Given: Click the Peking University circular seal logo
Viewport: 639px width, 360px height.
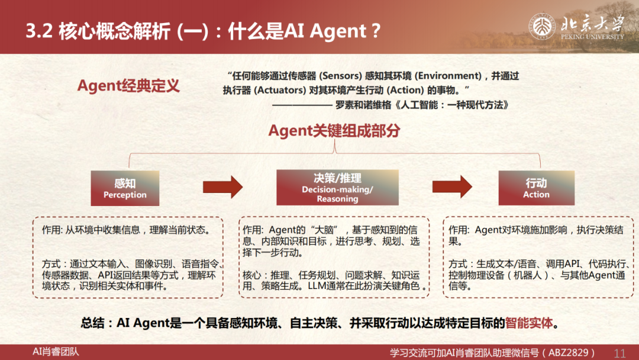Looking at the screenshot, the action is click(542, 27).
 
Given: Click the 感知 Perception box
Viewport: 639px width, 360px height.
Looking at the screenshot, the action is click(125, 188).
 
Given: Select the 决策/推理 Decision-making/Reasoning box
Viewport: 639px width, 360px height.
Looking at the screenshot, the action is click(337, 188).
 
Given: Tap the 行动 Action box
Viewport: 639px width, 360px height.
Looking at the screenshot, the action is click(536, 188).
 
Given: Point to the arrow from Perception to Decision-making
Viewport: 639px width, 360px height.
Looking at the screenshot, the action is click(223, 187).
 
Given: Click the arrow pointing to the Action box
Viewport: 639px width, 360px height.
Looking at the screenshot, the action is click(452, 187).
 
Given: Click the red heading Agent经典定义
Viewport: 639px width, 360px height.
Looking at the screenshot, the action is click(128, 86).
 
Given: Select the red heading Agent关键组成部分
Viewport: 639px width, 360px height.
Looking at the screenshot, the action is click(334, 130).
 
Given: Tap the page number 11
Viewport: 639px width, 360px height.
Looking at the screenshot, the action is click(619, 353).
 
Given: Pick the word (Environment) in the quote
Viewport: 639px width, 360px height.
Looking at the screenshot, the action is click(448, 76).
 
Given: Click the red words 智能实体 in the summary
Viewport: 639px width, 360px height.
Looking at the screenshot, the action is click(529, 323).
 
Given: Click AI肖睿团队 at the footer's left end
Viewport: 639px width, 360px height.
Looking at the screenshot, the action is click(56, 352).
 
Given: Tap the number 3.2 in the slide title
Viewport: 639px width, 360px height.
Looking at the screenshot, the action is click(39, 31).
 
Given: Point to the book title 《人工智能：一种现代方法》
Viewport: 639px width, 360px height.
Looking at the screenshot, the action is click(452, 105).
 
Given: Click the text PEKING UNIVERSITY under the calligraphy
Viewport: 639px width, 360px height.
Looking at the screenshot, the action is click(592, 37).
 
